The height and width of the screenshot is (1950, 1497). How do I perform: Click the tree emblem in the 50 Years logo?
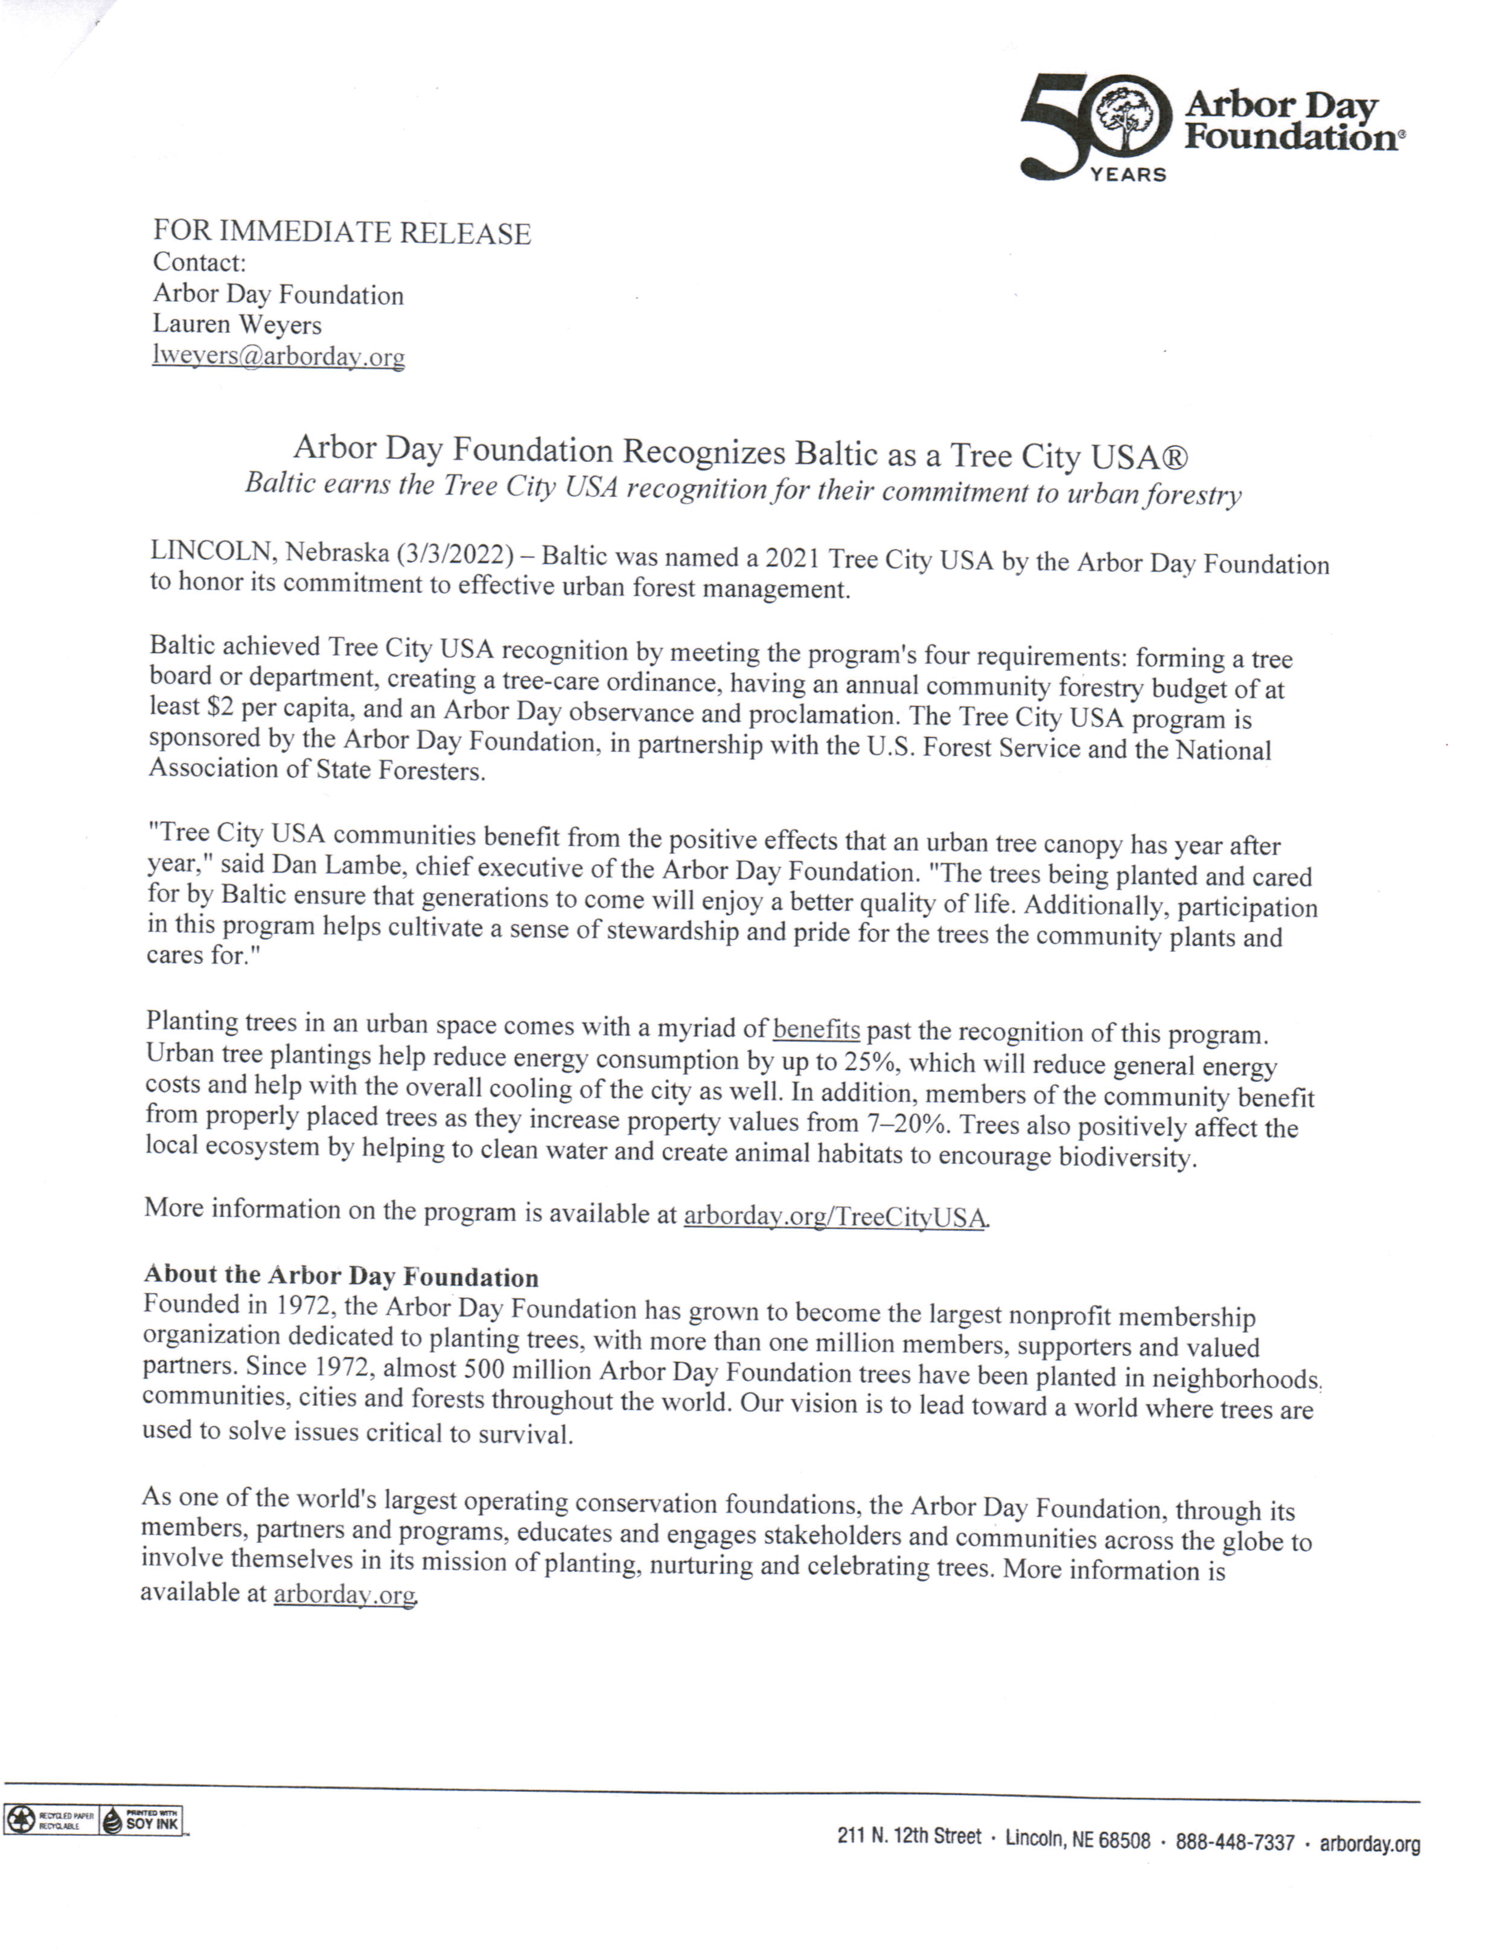tap(1129, 120)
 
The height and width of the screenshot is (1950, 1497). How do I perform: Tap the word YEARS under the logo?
tap(1128, 175)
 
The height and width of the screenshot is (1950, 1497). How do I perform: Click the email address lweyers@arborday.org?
tap(278, 356)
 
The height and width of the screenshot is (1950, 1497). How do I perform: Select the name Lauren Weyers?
tap(237, 324)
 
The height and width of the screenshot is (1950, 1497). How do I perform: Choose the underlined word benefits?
tap(816, 1030)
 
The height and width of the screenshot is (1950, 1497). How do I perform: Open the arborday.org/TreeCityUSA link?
tap(835, 1216)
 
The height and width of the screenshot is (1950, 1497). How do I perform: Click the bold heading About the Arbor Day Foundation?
tap(341, 1276)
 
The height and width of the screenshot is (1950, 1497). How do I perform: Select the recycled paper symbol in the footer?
tap(19, 1819)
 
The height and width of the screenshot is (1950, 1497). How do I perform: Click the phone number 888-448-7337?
tap(1234, 1842)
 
